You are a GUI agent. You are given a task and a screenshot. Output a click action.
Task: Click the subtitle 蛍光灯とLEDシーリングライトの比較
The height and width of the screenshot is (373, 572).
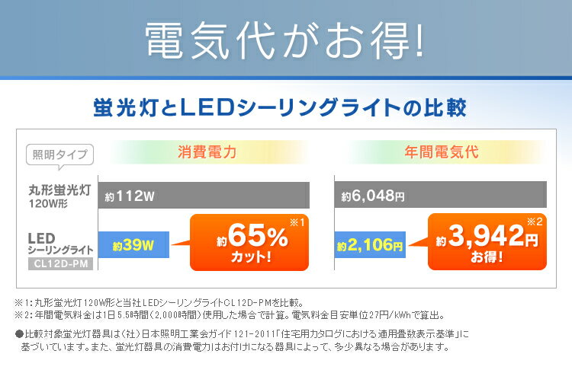point(285,105)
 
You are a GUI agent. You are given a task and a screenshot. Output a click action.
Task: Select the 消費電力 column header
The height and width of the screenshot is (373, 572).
point(207,151)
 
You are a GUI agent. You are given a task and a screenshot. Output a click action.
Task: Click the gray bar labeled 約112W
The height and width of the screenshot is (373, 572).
point(204,196)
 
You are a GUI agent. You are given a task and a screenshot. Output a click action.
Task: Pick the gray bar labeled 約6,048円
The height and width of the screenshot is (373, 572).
point(440,196)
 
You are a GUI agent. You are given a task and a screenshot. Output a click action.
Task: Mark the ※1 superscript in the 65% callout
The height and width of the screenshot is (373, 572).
point(296,223)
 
